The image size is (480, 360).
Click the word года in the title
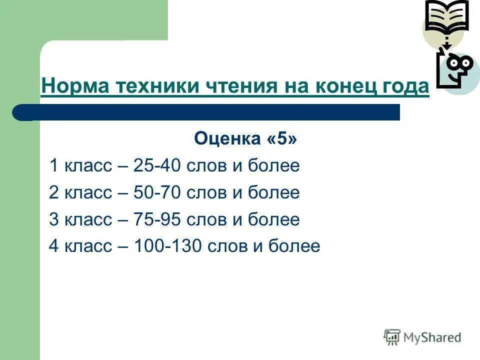(407, 86)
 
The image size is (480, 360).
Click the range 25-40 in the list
(156, 166)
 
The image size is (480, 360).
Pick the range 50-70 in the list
(156, 193)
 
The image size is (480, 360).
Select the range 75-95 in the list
(156, 220)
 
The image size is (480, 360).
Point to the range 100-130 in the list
(166, 246)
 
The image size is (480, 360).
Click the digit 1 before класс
(53, 166)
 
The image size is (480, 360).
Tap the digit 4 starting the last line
(54, 246)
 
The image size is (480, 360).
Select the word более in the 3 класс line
(274, 220)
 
